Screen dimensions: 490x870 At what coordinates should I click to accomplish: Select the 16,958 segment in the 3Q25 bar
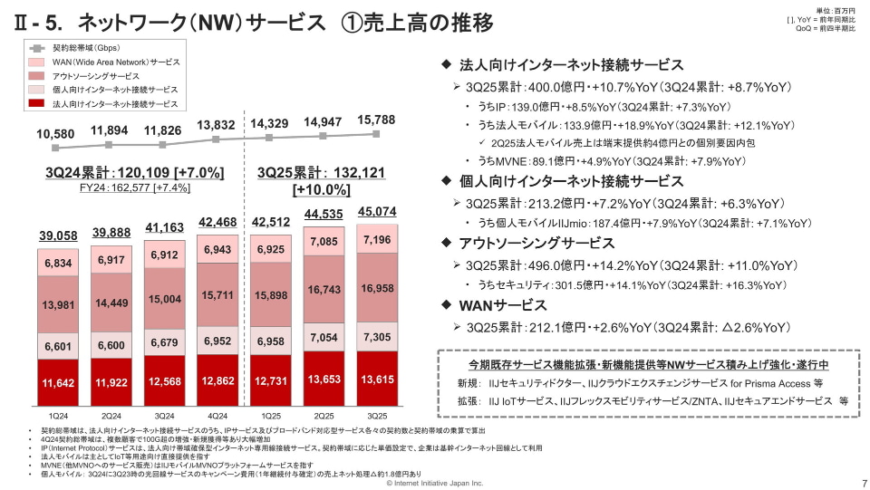pyautogui.click(x=376, y=288)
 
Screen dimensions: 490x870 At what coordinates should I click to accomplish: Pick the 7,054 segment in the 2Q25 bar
pyautogui.click(x=323, y=337)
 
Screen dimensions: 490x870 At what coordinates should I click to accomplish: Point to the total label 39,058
pyautogui.click(x=56, y=235)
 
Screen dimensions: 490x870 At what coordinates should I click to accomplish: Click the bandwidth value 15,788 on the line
pyautogui.click(x=376, y=120)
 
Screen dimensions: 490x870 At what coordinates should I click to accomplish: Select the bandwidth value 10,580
pyautogui.click(x=56, y=134)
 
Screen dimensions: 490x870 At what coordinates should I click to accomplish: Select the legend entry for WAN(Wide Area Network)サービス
pyautogui.click(x=115, y=62)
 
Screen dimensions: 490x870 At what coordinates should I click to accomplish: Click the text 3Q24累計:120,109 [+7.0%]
pyautogui.click(x=128, y=172)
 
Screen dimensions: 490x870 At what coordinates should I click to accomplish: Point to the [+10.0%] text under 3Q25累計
pyautogui.click(x=322, y=189)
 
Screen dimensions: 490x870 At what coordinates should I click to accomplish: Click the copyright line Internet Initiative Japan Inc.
pyautogui.click(x=435, y=484)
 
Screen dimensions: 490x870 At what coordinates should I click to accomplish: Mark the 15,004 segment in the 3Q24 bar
pyautogui.click(x=163, y=299)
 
